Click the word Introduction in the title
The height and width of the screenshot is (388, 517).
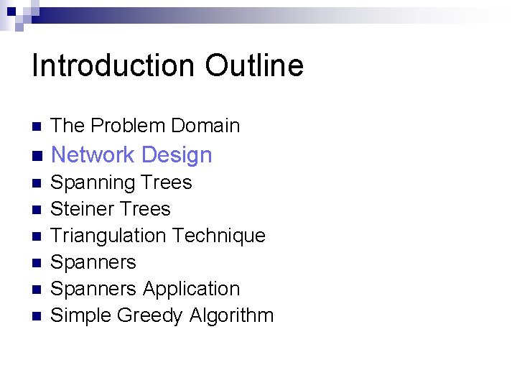point(113,65)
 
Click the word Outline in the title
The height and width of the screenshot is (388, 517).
point(254,65)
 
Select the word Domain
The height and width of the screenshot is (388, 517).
point(204,126)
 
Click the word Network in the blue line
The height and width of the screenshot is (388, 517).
point(93,154)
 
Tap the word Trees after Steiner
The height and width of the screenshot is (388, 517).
point(145,209)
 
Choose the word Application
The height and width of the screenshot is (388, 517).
point(191,289)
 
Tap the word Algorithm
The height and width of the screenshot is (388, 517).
point(233,315)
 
